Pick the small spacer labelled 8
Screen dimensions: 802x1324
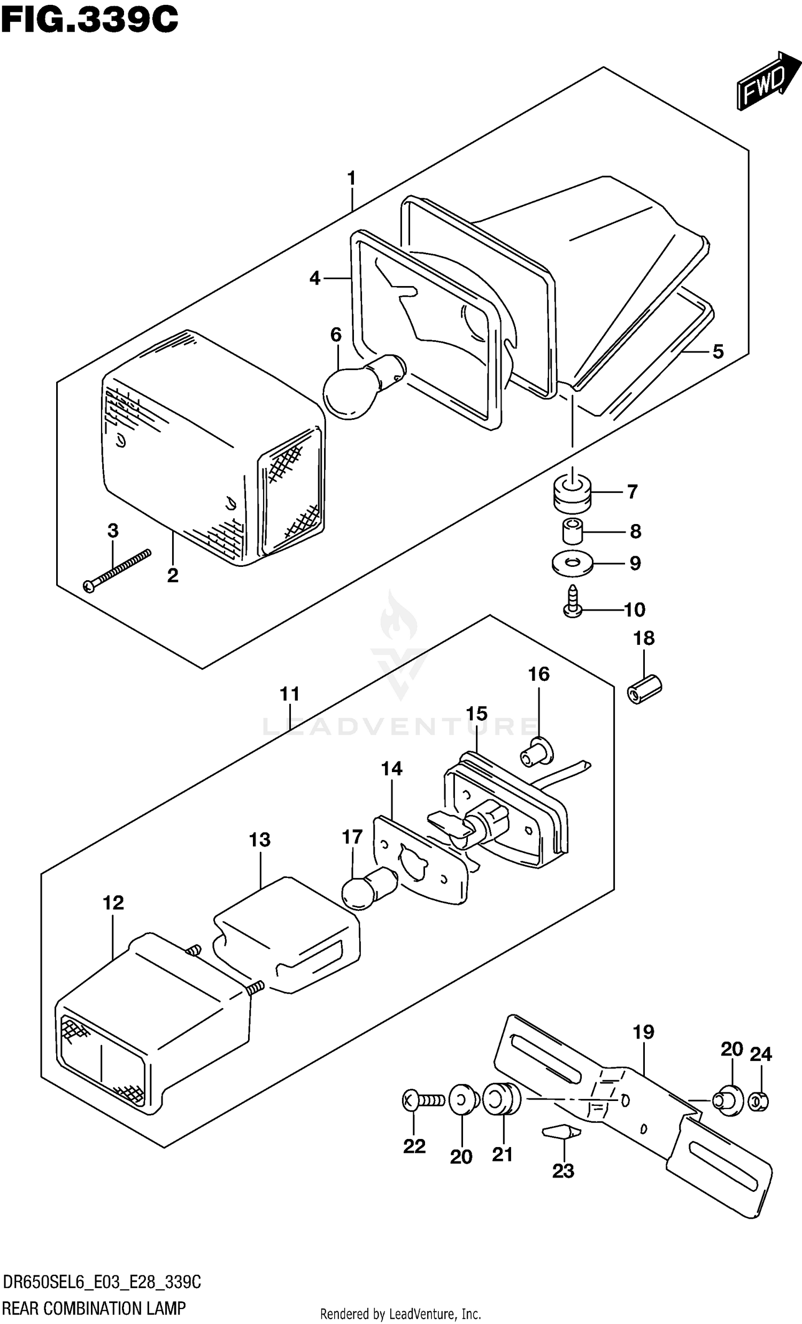click(573, 531)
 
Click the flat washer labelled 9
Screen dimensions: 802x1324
click(572, 563)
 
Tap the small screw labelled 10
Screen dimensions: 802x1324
click(573, 601)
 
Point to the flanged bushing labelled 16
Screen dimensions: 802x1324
click(536, 751)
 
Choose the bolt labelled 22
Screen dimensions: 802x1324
click(424, 1100)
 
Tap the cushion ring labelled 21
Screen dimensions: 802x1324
click(502, 1099)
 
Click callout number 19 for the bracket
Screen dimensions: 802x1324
click(644, 1032)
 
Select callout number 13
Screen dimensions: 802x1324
click(260, 840)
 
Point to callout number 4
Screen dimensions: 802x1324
click(315, 279)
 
